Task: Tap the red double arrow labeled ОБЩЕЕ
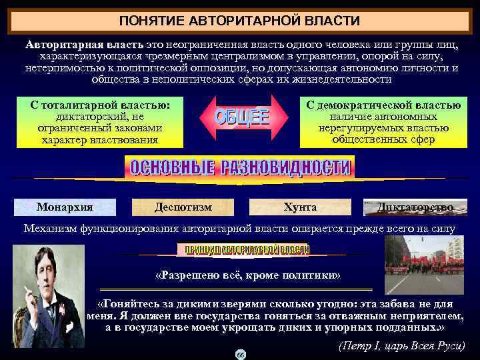pos(241,119)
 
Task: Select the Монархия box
pos(65,207)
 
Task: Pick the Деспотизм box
pos(183,207)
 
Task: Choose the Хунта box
pos(300,207)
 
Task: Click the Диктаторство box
pos(415,207)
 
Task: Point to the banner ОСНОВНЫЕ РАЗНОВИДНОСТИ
pos(239,167)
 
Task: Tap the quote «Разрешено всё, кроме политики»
pos(247,276)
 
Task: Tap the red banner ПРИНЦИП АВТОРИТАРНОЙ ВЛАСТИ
pos(243,249)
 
